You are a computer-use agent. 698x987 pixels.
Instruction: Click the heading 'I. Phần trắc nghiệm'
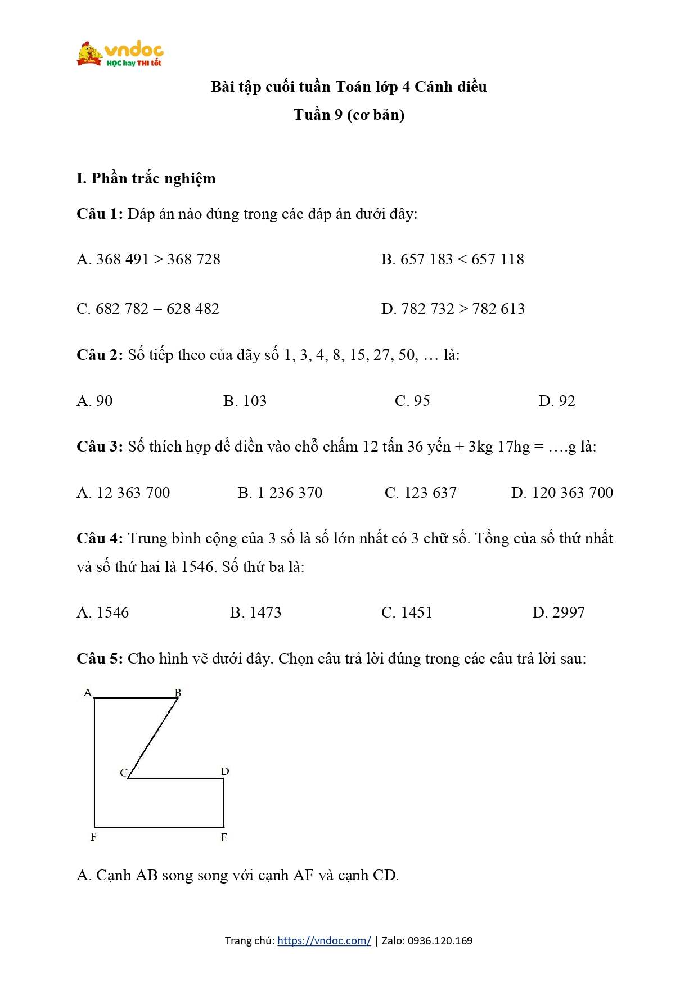tap(146, 178)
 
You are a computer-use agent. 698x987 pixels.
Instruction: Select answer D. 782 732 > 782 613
tap(453, 309)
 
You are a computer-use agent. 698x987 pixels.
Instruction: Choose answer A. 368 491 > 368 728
tap(148, 259)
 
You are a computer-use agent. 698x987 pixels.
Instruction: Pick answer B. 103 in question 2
tap(245, 401)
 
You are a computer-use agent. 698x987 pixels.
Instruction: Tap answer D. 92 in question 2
tap(557, 401)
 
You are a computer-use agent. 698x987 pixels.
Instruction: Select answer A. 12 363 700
tap(123, 493)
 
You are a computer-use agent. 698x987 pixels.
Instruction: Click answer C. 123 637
tap(420, 493)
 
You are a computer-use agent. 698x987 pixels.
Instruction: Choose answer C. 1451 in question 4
tap(407, 612)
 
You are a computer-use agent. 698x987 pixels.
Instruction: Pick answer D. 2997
tap(559, 612)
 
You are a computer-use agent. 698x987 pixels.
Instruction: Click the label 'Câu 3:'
tap(100, 447)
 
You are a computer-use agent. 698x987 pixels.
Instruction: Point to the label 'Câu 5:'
tap(100, 659)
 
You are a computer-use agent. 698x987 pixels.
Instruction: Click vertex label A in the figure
tap(88, 692)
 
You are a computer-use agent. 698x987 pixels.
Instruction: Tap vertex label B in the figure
tap(178, 692)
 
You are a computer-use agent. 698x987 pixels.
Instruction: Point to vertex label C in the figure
tap(124, 773)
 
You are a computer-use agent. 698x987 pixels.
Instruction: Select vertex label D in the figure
tap(225, 772)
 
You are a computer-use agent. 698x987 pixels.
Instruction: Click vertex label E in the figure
tap(224, 837)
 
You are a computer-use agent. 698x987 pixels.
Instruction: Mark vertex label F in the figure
tap(93, 837)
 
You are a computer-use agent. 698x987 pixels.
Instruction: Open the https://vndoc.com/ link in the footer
tap(324, 940)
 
